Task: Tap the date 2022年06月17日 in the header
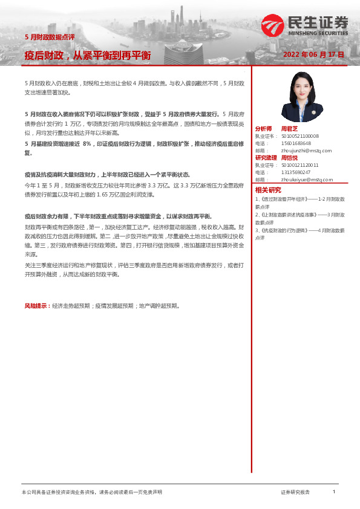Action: tap(313, 54)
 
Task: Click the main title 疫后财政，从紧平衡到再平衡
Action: tap(88, 56)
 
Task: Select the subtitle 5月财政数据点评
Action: tap(50, 37)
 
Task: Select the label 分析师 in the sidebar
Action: tap(264, 129)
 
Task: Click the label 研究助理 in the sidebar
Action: tap(266, 157)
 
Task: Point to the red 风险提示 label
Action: tap(37, 306)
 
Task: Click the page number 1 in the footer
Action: tap(334, 492)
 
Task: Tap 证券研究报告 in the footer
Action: tap(295, 493)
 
